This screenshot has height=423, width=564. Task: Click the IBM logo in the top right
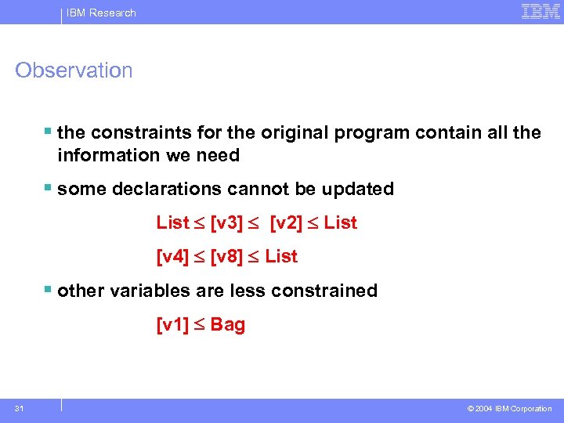[x=540, y=12]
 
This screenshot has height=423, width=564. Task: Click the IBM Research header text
[x=101, y=13]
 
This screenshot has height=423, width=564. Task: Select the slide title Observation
[x=74, y=70]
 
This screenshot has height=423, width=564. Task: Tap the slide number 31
[x=18, y=408]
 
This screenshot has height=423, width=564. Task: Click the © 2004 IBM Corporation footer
[x=509, y=409]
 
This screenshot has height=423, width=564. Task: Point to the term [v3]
[x=226, y=223]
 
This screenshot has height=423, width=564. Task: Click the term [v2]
[x=286, y=223]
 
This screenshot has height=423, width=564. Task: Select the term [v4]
[x=173, y=257]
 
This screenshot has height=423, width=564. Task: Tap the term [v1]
[x=173, y=325]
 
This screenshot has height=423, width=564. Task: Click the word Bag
[x=228, y=325]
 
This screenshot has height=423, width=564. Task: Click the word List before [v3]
[x=173, y=223]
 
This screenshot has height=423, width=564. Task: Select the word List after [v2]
[x=340, y=223]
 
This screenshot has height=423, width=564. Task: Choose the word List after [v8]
[x=281, y=257]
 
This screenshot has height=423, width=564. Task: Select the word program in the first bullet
[x=372, y=132]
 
